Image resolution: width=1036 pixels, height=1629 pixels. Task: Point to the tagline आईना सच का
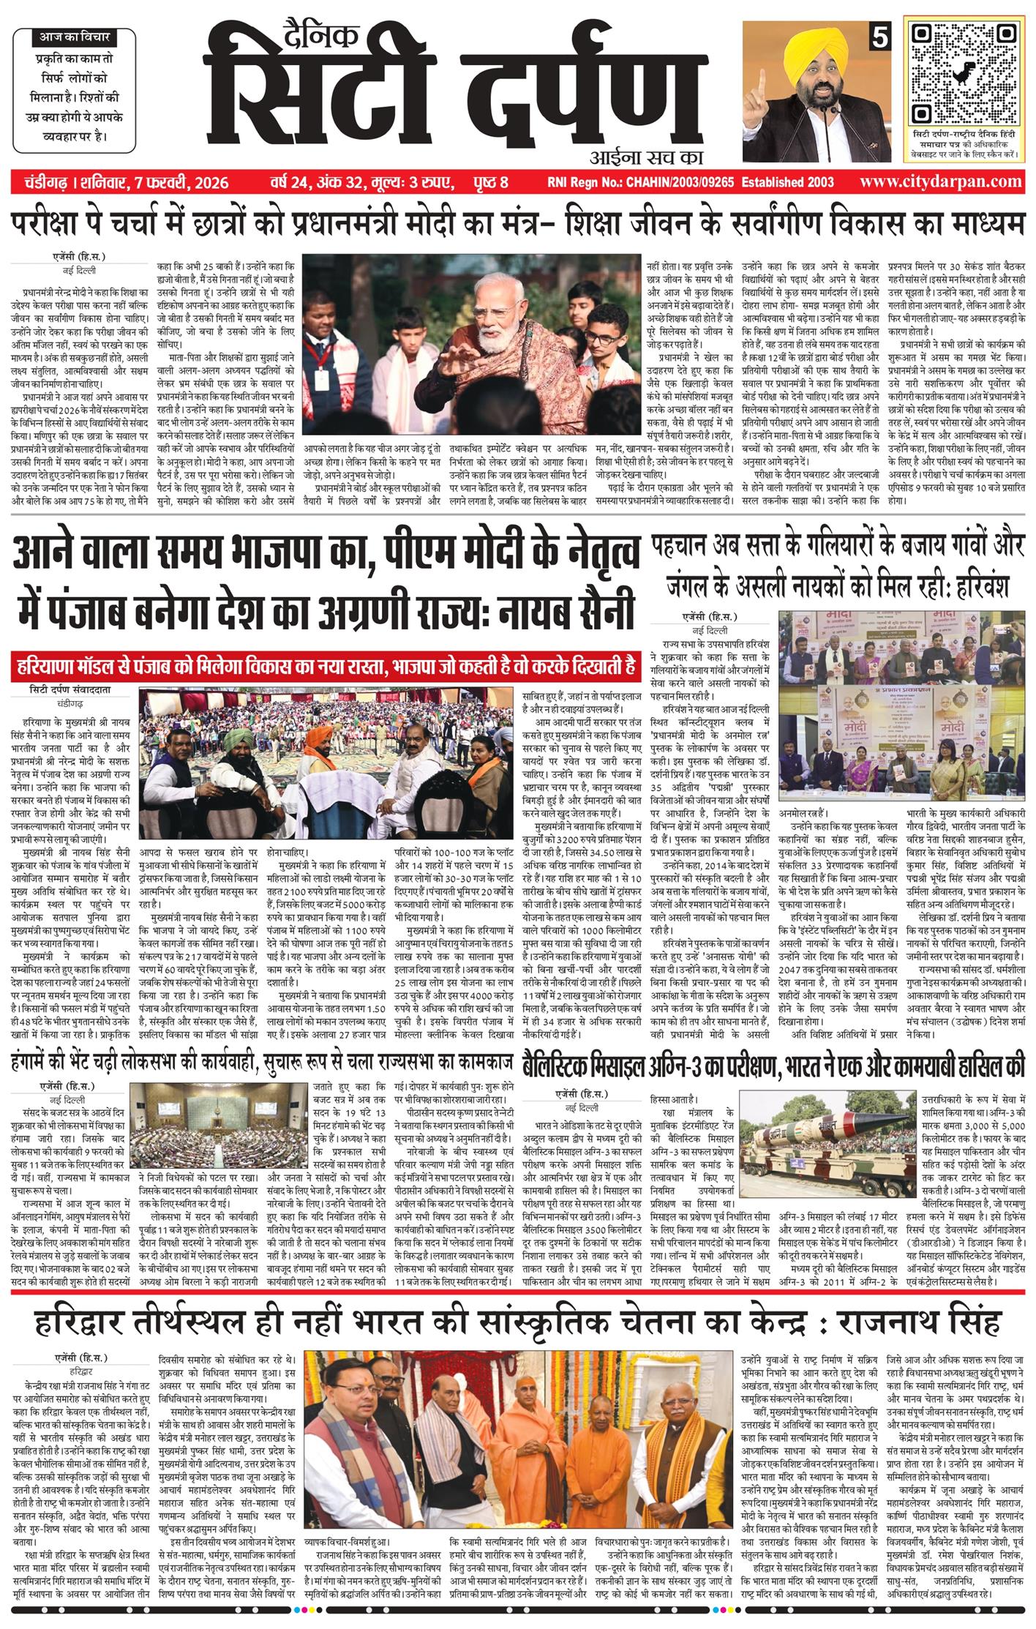pyautogui.click(x=645, y=156)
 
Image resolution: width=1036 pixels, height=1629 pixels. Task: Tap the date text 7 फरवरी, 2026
pyautogui.click(x=187, y=182)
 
